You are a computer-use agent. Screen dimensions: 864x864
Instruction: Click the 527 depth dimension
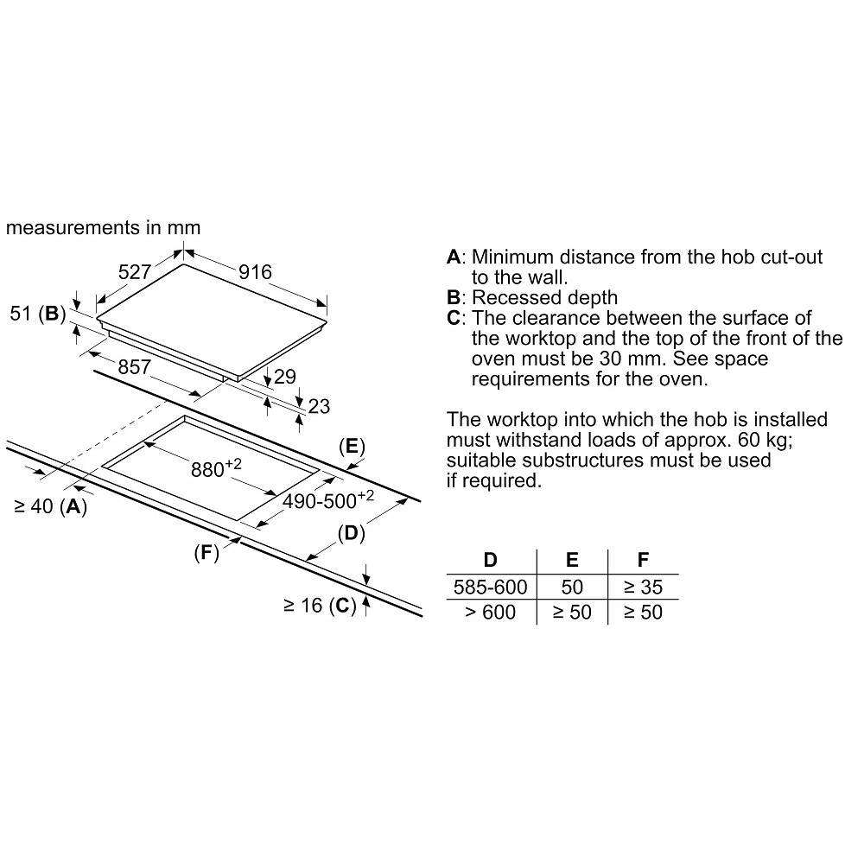point(135,272)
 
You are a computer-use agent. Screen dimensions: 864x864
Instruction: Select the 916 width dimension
point(256,272)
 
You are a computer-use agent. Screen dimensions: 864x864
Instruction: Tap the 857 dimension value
point(134,367)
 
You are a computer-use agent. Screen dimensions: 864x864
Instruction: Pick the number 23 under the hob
point(319,406)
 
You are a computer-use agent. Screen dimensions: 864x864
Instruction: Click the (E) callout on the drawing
point(350,447)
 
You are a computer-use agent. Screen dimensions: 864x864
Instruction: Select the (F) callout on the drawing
point(205,554)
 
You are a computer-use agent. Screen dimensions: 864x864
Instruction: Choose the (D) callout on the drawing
point(350,534)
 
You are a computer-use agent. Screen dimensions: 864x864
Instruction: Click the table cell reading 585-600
point(490,587)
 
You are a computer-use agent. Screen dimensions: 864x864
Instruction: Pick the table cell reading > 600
point(490,612)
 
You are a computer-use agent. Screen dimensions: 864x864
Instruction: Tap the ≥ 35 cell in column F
point(643,587)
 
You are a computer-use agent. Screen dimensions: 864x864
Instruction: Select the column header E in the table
point(572,561)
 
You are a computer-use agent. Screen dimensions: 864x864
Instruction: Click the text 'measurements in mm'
point(103,228)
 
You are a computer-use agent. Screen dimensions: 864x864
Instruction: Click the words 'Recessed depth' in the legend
point(545,298)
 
